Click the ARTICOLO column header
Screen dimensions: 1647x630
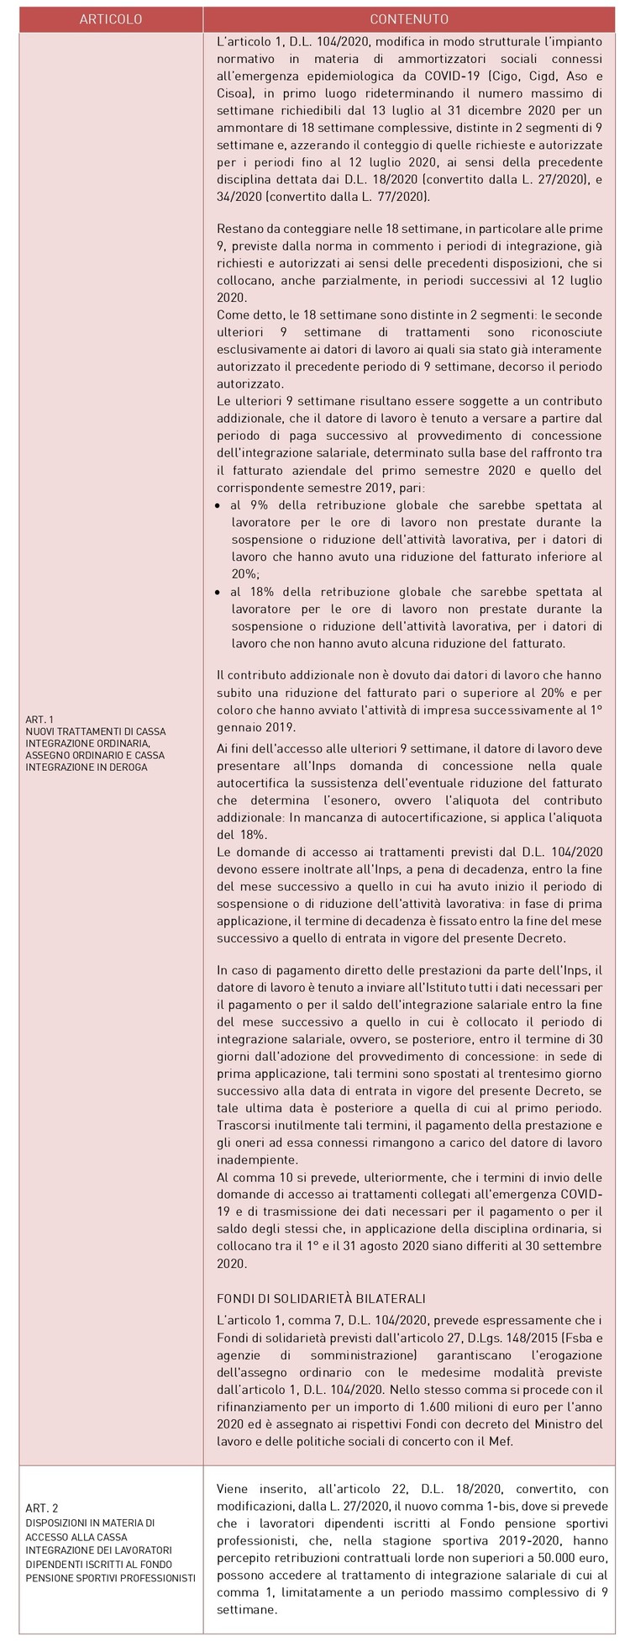(111, 19)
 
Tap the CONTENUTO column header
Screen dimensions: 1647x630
(409, 19)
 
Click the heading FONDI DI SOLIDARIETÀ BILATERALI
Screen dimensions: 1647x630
(321, 1298)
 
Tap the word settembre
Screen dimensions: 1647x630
(568, 1246)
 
